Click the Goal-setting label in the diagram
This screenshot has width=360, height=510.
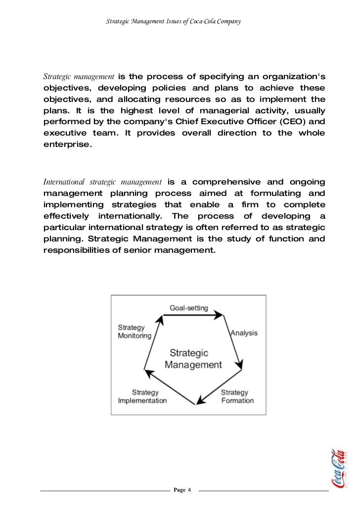point(189,307)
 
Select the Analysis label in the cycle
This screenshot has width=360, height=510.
point(244,333)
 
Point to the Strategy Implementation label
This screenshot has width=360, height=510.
point(142,396)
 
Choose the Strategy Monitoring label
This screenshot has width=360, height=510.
point(134,331)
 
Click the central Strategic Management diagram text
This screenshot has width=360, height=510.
point(193,359)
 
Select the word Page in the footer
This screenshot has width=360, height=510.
point(180,490)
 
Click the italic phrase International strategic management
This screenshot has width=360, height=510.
point(103,182)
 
